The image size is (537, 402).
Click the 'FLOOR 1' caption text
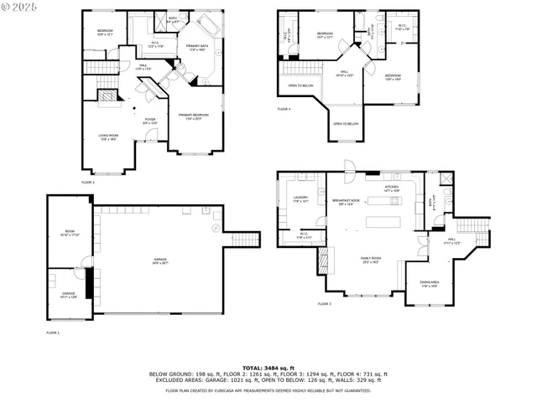tap(54, 332)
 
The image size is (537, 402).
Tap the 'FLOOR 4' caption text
tap(284, 109)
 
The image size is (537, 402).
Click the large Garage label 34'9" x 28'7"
tap(159, 260)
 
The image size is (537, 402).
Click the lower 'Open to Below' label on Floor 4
tap(346, 124)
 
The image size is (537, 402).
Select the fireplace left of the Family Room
tap(320, 260)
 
